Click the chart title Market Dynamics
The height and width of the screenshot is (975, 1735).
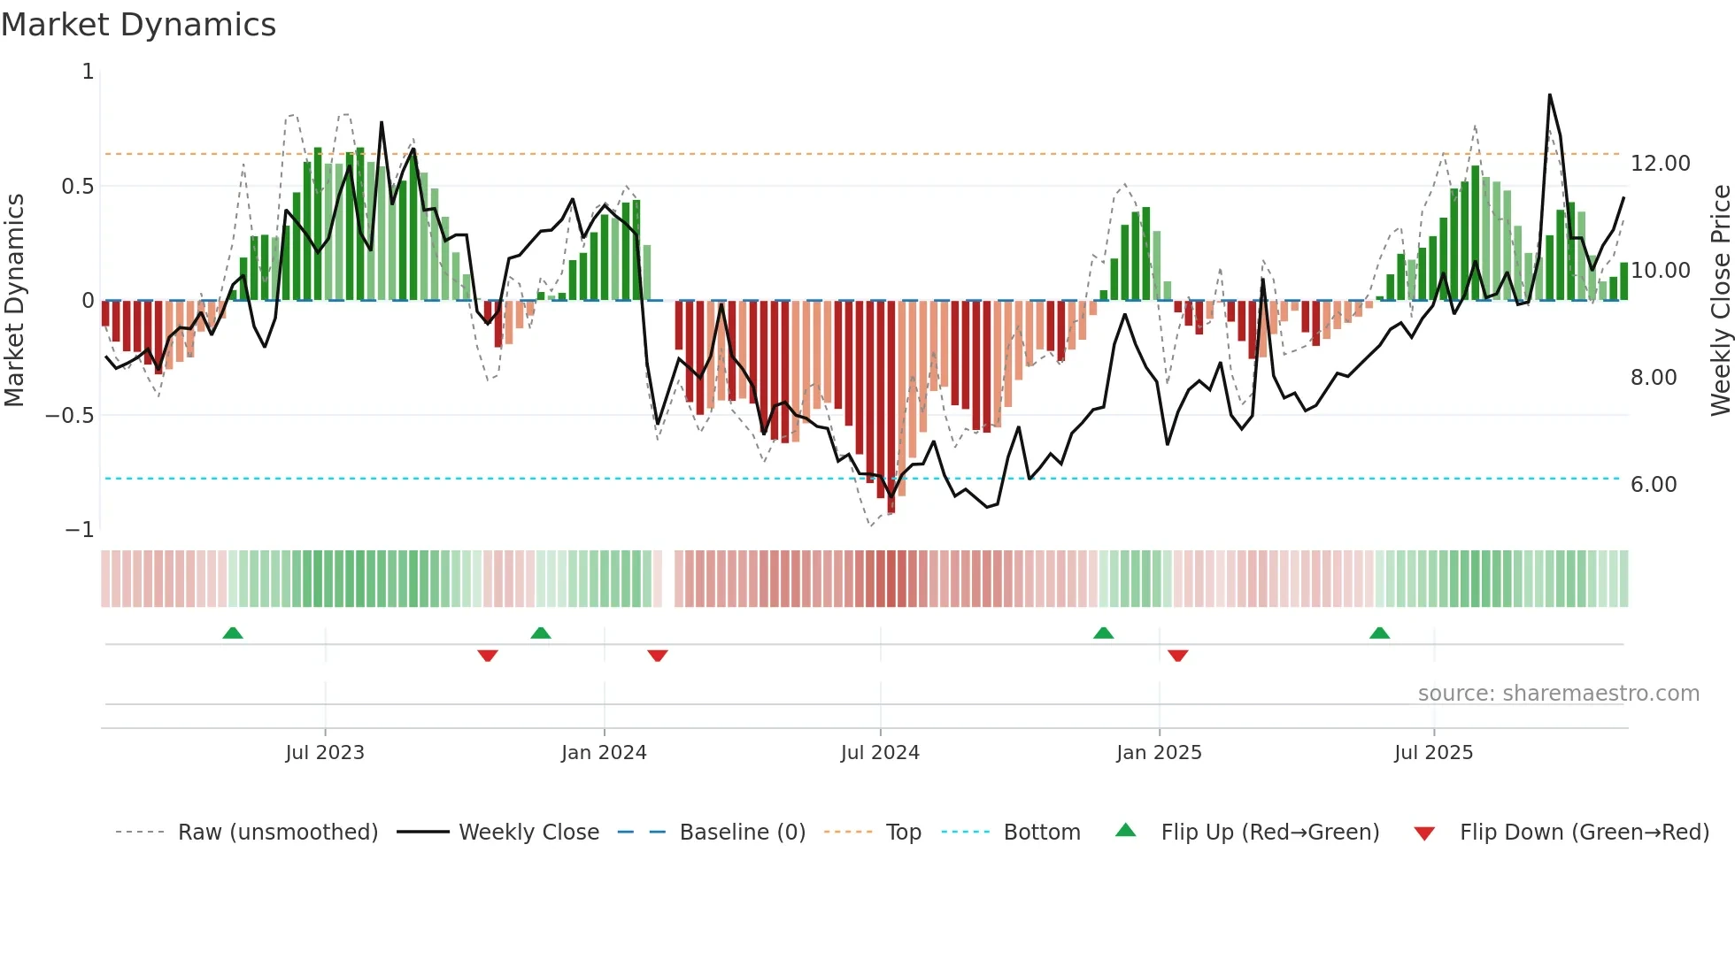tap(139, 25)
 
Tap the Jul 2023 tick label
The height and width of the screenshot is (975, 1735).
tap(325, 752)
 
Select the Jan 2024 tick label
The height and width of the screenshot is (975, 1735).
tap(604, 752)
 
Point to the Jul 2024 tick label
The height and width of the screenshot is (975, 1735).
tap(880, 752)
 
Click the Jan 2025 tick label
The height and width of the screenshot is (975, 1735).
tap(1159, 752)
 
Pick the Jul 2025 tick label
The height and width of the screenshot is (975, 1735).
tap(1433, 752)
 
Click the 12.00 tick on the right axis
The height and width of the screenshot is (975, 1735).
tap(1660, 164)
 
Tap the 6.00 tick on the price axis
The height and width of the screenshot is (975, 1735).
tap(1654, 485)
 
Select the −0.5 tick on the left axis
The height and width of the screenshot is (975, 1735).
tap(70, 415)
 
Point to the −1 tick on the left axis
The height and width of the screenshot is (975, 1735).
tap(79, 530)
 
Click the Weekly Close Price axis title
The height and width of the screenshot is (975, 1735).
tap(1720, 300)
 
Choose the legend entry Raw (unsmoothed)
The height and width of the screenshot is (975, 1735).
tap(277, 833)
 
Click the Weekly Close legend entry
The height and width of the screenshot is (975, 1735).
tap(528, 833)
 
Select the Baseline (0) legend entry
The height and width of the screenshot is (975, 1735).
tap(742, 833)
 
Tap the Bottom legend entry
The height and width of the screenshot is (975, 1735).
tap(1041, 833)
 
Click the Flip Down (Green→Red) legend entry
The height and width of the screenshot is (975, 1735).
tap(1584, 833)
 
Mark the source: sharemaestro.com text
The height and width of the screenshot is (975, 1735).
tap(1558, 694)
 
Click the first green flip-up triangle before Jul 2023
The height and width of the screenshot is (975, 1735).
tap(233, 633)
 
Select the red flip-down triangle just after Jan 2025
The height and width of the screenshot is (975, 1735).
tap(1177, 656)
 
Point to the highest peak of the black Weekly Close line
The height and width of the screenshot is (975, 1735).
tap(1549, 95)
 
